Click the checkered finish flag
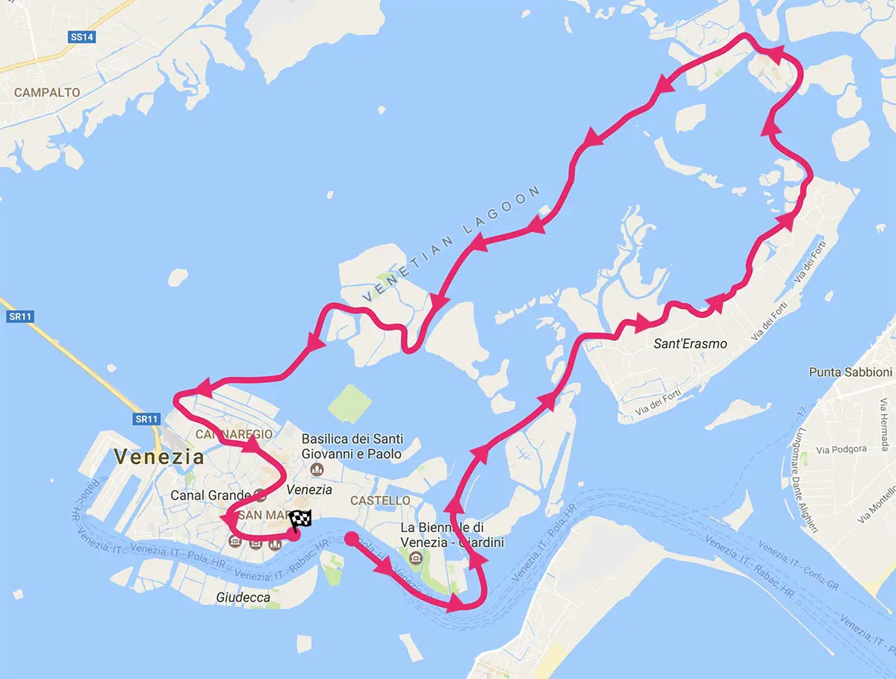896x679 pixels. [x=301, y=520]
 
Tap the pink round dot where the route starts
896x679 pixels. [x=351, y=536]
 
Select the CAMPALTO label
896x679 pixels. [x=47, y=93]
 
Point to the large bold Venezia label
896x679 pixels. [x=159, y=456]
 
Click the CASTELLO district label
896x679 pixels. [x=381, y=500]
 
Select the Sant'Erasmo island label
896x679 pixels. [x=690, y=343]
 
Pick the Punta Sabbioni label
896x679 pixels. [x=850, y=372]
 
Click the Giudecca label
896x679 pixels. [x=243, y=597]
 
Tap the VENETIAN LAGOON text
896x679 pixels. [x=452, y=245]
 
